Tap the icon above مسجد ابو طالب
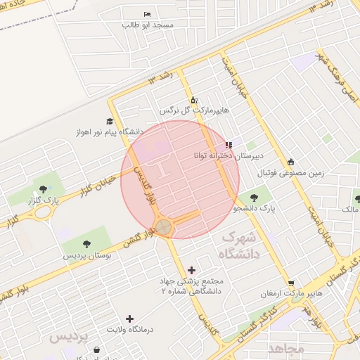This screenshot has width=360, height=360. click(146, 14)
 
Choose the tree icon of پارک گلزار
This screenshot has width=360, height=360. click(44, 189)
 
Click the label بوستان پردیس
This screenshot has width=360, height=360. click(89, 255)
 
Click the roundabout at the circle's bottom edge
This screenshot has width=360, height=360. click(164, 226)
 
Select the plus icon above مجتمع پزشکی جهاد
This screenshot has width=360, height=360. click(191, 270)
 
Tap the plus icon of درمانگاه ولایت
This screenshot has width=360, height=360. click(129, 319)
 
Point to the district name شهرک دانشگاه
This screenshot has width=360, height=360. click(239, 245)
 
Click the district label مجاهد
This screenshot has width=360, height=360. click(285, 348)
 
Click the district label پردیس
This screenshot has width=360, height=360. click(70, 337)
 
